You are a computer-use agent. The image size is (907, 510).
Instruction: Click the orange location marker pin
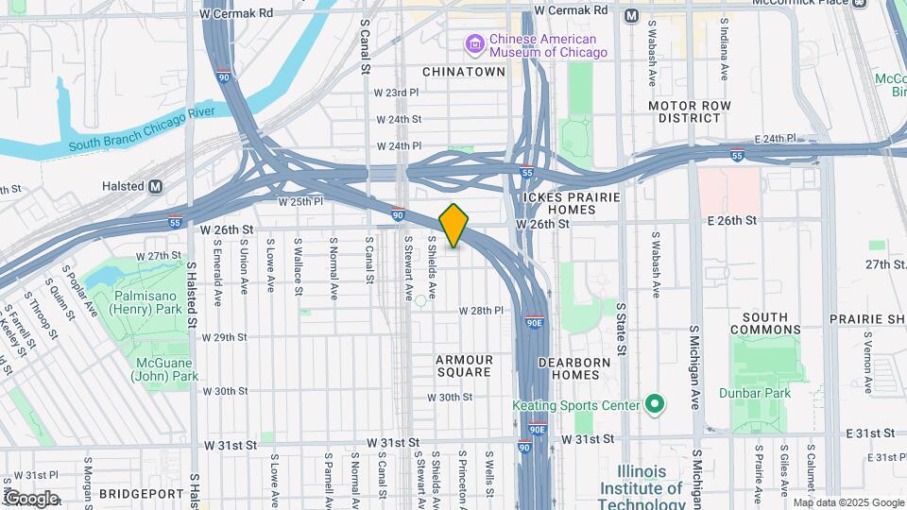[x=453, y=225]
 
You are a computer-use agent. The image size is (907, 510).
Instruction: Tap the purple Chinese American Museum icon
[x=474, y=43]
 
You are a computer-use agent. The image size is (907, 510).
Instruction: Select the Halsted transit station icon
[x=155, y=187]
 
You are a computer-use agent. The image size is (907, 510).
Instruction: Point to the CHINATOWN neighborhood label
[x=464, y=72]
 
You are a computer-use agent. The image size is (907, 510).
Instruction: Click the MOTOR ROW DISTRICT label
[x=684, y=111]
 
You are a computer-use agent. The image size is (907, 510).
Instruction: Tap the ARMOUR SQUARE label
[x=464, y=365]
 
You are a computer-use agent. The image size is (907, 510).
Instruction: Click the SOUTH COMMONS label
[x=764, y=323]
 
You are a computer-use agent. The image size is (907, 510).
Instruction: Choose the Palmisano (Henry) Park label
[x=147, y=302]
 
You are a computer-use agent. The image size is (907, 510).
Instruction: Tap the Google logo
[x=30, y=498]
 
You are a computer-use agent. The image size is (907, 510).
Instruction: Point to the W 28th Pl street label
[x=481, y=311]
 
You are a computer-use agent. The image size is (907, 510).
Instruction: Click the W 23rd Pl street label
[x=396, y=93]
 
